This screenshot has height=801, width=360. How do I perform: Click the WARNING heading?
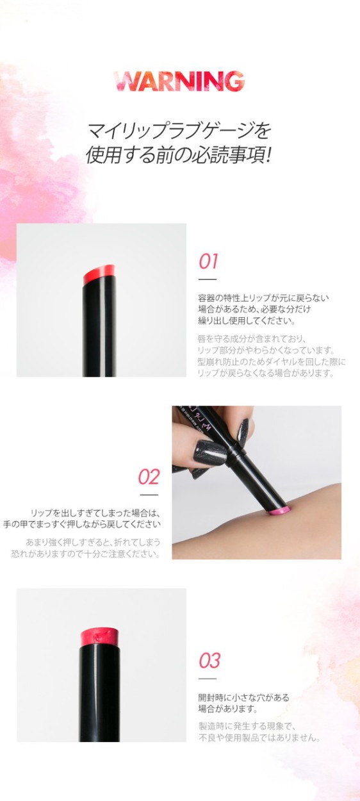(x=179, y=81)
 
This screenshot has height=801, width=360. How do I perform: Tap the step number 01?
(x=208, y=261)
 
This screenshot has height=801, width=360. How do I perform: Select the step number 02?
(x=149, y=477)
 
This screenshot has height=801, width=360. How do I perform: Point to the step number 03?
(x=209, y=661)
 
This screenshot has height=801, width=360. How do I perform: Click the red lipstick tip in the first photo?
(x=99, y=274)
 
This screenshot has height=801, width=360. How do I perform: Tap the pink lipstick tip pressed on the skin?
(x=279, y=510)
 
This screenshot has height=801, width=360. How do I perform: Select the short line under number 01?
(x=208, y=279)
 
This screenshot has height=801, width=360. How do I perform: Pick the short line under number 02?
(x=149, y=495)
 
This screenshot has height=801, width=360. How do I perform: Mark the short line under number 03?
(x=208, y=679)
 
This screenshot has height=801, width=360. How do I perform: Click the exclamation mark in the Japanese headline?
(x=266, y=155)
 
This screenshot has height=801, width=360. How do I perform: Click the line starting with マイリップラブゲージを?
(x=179, y=131)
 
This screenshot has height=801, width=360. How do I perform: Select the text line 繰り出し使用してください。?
(x=247, y=320)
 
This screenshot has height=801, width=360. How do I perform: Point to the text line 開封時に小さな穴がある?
(x=244, y=697)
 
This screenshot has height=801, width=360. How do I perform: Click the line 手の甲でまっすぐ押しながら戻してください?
(x=82, y=525)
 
